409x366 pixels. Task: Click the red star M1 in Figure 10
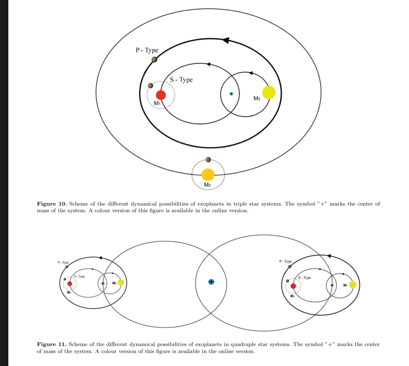[x=161, y=95]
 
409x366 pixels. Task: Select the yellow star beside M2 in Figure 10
[x=269, y=92]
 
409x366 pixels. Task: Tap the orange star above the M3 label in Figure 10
[x=208, y=174]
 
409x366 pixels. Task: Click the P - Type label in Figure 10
[x=147, y=50]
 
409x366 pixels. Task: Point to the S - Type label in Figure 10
[x=181, y=80]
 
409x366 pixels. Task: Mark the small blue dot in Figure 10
[x=232, y=94]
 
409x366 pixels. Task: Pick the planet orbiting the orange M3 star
[x=208, y=159]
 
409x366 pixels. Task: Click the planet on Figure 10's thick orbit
[x=154, y=59]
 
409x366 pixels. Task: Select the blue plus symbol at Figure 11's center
[x=211, y=282]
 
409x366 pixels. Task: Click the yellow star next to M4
[x=353, y=284]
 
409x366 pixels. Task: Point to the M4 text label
[x=345, y=285]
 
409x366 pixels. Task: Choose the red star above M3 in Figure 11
[x=293, y=286]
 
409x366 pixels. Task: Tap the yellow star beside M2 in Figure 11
[x=121, y=283]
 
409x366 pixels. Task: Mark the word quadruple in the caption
[x=245, y=344]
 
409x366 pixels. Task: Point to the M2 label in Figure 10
[x=257, y=98]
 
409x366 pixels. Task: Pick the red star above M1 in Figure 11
[x=69, y=283]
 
